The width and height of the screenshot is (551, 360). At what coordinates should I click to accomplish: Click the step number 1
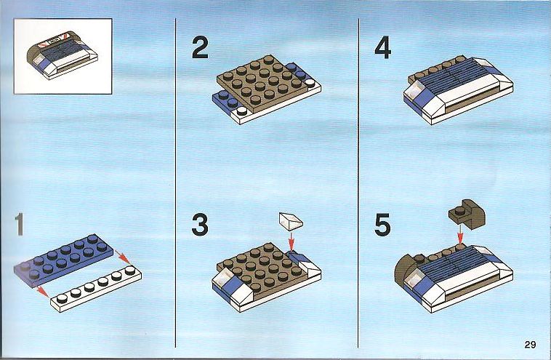click(x=20, y=225)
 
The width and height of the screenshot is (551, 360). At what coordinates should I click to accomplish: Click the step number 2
click(x=200, y=47)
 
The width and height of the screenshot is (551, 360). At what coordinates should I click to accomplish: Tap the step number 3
click(x=200, y=225)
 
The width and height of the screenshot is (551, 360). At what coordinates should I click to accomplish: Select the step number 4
click(x=383, y=48)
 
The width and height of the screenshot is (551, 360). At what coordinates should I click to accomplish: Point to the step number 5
click(x=382, y=225)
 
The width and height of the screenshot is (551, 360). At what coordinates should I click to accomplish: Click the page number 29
click(x=530, y=344)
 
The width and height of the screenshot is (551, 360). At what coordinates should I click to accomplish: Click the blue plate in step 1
click(x=63, y=260)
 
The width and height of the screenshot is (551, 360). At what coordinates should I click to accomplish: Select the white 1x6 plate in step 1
click(x=96, y=289)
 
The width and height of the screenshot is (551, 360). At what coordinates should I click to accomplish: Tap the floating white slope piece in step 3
click(x=291, y=221)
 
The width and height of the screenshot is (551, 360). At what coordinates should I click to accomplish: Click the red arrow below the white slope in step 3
click(x=291, y=241)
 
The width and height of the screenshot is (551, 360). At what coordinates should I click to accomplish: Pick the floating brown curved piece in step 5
click(x=467, y=212)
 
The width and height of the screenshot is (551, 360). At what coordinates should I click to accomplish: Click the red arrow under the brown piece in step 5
click(x=459, y=235)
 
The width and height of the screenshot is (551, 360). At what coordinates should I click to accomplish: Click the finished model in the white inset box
click(x=63, y=55)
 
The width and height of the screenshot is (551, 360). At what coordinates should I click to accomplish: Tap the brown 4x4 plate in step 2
click(x=260, y=84)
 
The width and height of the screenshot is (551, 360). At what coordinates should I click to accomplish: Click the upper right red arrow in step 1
click(x=123, y=257)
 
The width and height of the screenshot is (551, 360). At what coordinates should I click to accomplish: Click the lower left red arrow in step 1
click(x=42, y=291)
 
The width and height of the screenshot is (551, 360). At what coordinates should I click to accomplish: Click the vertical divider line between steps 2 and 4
click(x=358, y=183)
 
